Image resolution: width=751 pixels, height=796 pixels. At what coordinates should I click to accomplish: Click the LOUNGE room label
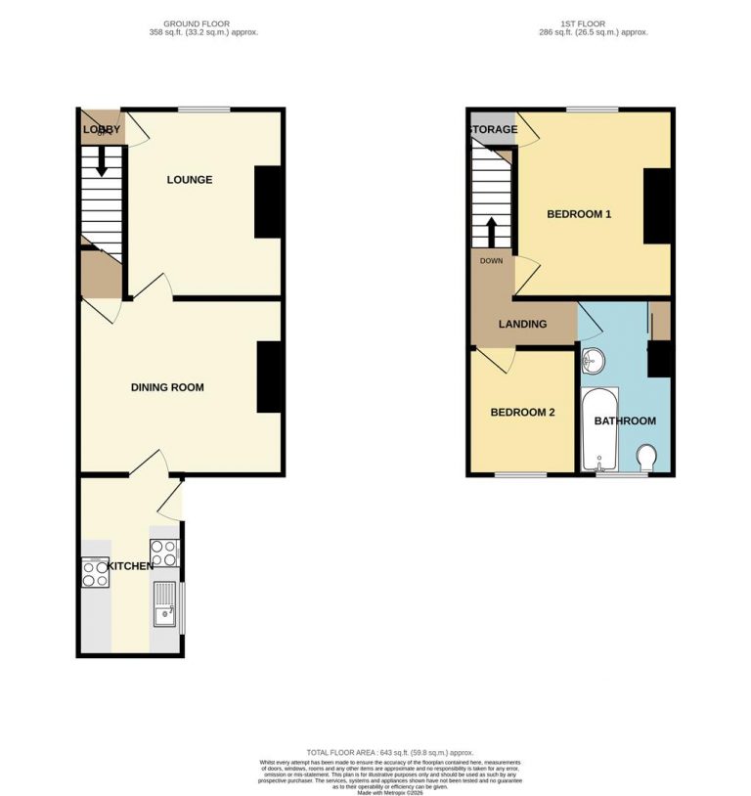(189, 180)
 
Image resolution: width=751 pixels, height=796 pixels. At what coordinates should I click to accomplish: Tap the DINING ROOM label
(167, 387)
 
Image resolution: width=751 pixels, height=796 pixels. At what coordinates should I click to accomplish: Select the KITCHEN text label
(130, 566)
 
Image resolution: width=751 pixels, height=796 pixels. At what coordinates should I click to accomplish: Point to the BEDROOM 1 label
(578, 214)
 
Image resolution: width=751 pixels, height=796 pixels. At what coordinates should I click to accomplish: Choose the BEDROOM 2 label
(522, 413)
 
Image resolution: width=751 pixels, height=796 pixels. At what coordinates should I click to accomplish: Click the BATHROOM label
(626, 420)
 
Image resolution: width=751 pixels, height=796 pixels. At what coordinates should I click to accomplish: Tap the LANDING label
(522, 325)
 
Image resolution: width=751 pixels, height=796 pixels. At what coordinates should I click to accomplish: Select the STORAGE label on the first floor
(493, 129)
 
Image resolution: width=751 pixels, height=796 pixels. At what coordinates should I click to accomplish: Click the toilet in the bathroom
(645, 457)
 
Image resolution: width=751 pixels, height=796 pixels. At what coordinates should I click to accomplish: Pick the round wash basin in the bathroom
(593, 362)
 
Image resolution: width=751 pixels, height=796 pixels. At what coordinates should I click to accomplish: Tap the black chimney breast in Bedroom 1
(657, 206)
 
